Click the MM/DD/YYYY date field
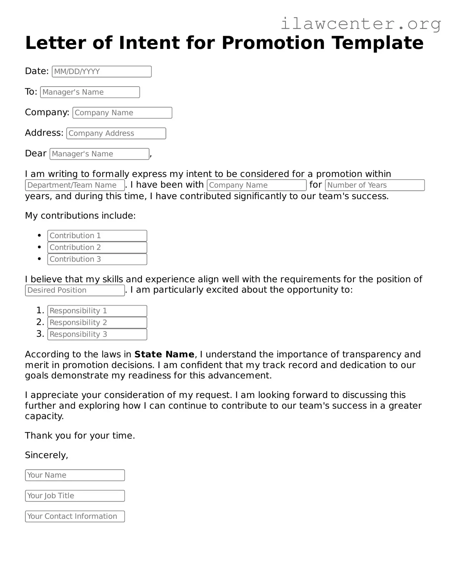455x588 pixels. tap(102, 71)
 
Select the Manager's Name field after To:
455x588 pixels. tap(90, 92)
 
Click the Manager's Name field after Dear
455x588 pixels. tap(99, 154)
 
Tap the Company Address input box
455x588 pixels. tap(116, 133)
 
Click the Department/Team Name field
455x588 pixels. tap(75, 185)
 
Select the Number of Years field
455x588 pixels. tap(375, 185)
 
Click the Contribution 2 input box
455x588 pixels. tap(97, 247)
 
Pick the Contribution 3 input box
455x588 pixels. tap(97, 259)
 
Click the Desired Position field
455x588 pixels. tap(75, 290)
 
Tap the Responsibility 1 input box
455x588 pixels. tap(97, 311)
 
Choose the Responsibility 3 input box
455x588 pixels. tap(97, 334)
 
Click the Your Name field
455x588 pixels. tap(75, 475)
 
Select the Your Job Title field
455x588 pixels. tap(75, 496)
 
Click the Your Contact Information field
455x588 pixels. tap(75, 517)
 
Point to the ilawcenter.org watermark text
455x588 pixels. tap(361, 24)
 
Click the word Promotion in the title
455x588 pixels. tap(273, 43)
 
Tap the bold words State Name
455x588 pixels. tap(164, 355)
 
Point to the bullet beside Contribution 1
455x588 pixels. tap(39, 235)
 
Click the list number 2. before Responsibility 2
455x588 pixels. tap(40, 322)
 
